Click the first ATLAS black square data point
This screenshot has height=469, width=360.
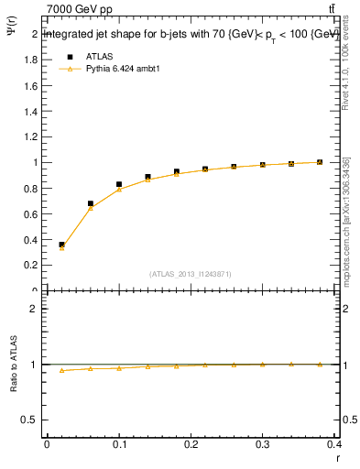pyautogui.click(x=61, y=245)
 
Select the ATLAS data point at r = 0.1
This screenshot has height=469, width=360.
pyautogui.click(x=119, y=184)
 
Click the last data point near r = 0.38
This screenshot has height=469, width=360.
pyautogui.click(x=320, y=162)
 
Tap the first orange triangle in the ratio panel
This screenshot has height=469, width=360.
pyautogui.click(x=61, y=370)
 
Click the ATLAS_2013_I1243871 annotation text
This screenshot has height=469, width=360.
pyautogui.click(x=191, y=274)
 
